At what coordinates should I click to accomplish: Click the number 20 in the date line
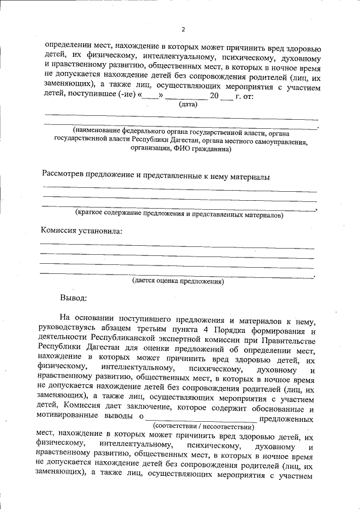pyautogui.click(x=214, y=96)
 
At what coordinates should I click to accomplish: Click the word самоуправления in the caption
pyautogui.click(x=280, y=142)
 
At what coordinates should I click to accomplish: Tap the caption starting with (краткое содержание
pyautogui.click(x=179, y=214)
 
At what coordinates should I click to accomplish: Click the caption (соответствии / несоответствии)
pyautogui.click(x=203, y=427)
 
